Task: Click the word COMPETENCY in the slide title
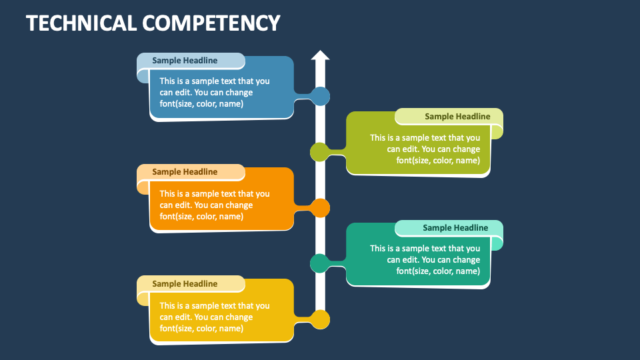click(211, 23)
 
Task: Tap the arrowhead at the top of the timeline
click(320, 56)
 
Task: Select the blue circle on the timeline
click(321, 96)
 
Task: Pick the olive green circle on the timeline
click(319, 152)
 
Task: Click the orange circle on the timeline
click(321, 208)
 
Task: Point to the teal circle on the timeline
click(319, 263)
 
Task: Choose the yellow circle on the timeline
click(321, 320)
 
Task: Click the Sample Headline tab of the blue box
click(185, 61)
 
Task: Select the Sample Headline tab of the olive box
click(457, 117)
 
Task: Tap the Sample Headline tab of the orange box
click(185, 172)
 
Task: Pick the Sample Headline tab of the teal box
click(455, 228)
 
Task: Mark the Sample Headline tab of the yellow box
click(185, 284)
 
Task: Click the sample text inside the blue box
click(215, 93)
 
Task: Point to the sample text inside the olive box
click(425, 149)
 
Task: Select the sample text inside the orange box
click(215, 205)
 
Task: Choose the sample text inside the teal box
click(425, 260)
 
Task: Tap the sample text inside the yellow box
click(215, 317)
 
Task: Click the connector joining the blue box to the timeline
click(303, 97)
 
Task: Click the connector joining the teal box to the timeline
click(337, 263)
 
